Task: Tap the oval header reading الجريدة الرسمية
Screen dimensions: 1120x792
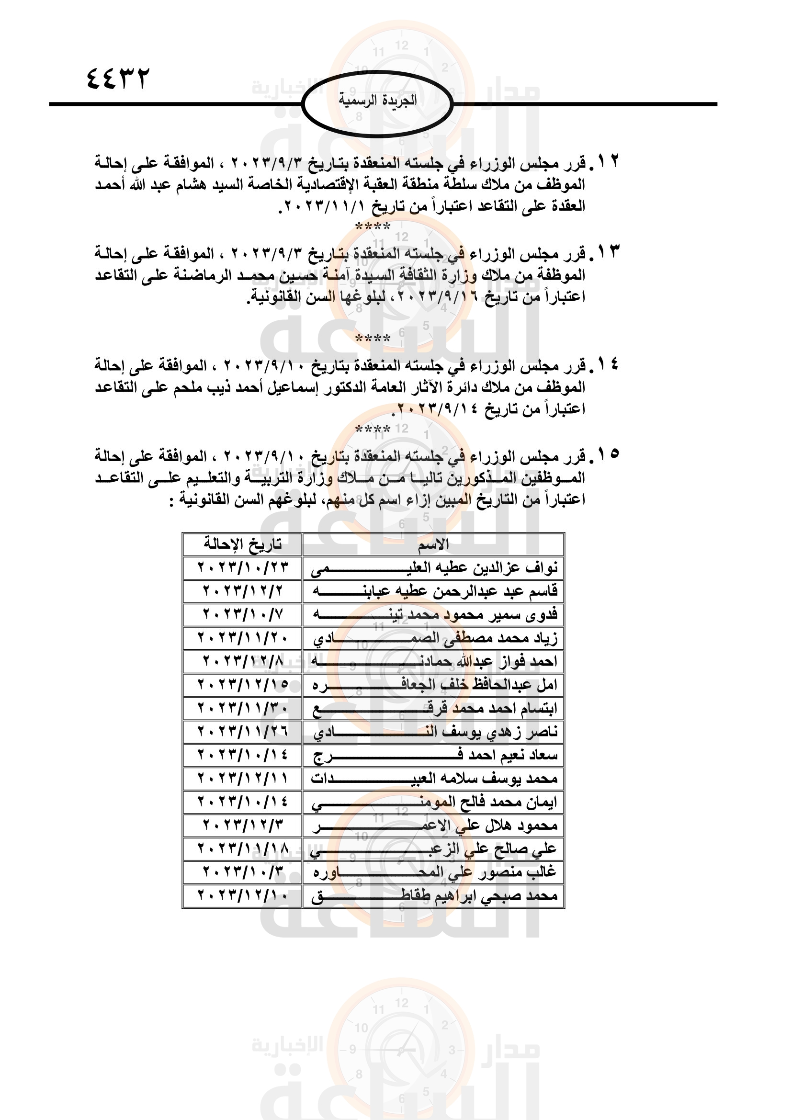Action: pyautogui.click(x=378, y=101)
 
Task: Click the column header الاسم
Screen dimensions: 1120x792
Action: pyautogui.click(x=433, y=544)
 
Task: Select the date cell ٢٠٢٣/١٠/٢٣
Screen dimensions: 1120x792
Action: pyautogui.click(x=242, y=568)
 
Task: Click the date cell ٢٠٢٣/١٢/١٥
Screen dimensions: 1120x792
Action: pyautogui.click(x=242, y=685)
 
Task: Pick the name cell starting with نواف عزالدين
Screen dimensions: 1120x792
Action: pyautogui.click(x=433, y=568)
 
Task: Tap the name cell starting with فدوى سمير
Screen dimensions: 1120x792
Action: pyautogui.click(x=433, y=615)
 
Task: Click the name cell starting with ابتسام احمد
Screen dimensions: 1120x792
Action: pyautogui.click(x=433, y=708)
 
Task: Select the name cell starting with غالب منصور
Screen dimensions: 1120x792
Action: pyautogui.click(x=433, y=872)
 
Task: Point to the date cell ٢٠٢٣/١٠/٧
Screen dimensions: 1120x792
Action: pyautogui.click(x=242, y=615)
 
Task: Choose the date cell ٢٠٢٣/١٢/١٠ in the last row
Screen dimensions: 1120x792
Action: pyautogui.click(x=242, y=895)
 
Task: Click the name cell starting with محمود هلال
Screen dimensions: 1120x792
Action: pyautogui.click(x=433, y=826)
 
